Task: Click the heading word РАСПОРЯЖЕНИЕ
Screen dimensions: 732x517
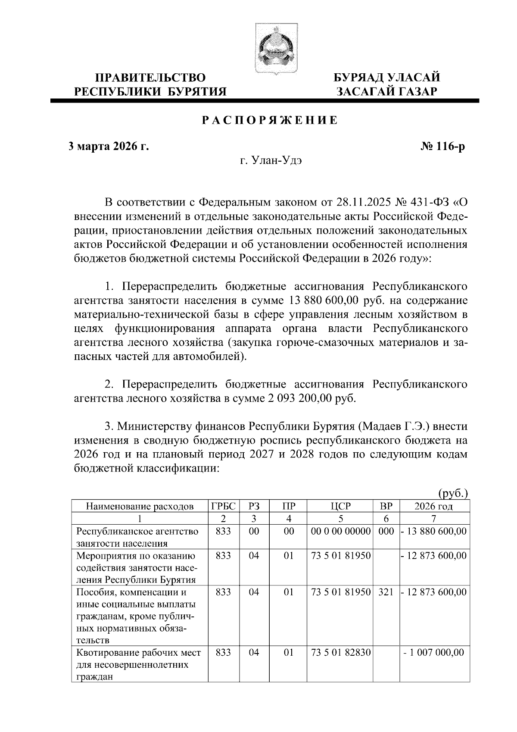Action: click(270, 120)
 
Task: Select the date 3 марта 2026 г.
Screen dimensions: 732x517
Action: click(109, 147)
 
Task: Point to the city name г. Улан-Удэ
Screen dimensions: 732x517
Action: click(271, 161)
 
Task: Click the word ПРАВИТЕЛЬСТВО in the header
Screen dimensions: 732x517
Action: click(150, 78)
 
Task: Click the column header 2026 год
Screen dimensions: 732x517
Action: click(434, 506)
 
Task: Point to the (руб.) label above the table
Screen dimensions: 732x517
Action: click(453, 494)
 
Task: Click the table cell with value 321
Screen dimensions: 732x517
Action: click(386, 592)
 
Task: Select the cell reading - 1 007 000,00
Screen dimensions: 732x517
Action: click(434, 653)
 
